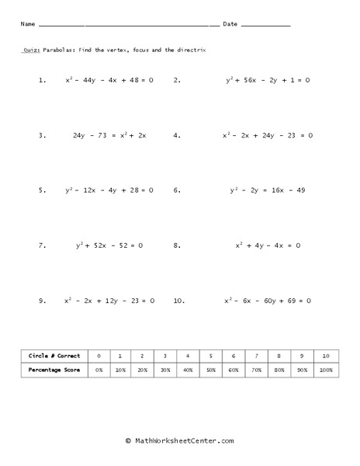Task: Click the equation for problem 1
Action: click(x=109, y=79)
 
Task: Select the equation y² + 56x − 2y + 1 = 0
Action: click(x=268, y=79)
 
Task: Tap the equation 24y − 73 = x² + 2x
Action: click(x=109, y=134)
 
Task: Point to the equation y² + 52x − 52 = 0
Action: click(x=109, y=245)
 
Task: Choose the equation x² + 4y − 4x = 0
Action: click(x=268, y=245)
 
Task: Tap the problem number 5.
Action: click(x=42, y=190)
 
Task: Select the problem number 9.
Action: click(x=42, y=300)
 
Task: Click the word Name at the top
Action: click(x=28, y=25)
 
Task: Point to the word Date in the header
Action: click(x=230, y=25)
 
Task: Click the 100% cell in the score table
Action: click(x=326, y=370)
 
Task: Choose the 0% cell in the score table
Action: click(x=99, y=370)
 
